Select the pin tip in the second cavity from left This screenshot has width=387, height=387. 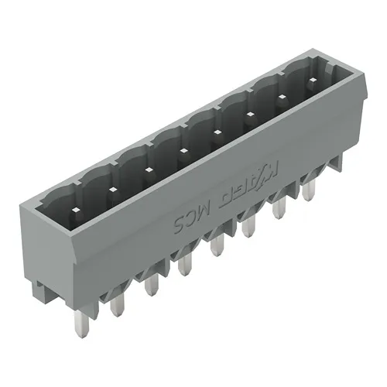tap(112, 189)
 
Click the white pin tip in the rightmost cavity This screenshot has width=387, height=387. tap(311, 81)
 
